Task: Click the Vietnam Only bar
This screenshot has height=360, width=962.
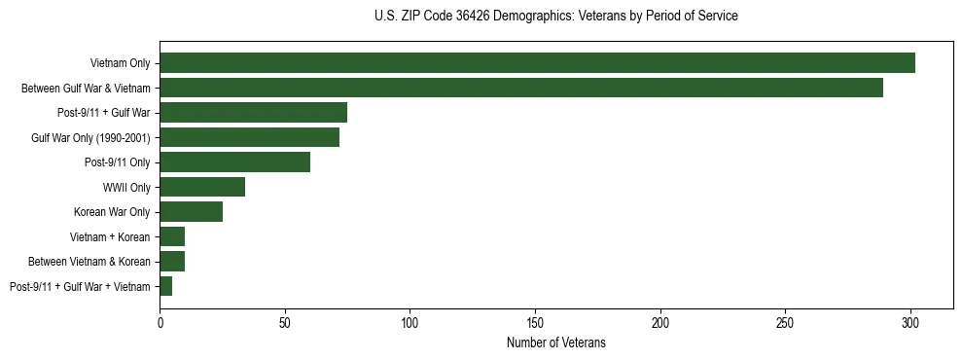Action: pos(537,63)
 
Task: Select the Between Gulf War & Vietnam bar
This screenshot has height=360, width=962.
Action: pos(521,88)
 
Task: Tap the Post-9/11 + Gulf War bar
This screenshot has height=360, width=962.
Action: pos(253,113)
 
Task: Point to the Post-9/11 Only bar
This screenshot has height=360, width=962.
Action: pos(234,162)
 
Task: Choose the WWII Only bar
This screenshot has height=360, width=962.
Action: pos(202,187)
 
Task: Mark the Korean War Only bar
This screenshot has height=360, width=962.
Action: pos(191,212)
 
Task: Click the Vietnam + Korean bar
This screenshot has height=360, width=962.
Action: pos(172,236)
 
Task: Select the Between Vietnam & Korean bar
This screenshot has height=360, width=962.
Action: pos(172,262)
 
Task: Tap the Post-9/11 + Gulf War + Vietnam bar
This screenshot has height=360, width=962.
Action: pos(165,286)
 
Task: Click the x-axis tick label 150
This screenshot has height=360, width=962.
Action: pos(535,320)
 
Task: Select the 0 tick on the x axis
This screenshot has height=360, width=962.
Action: pos(160,320)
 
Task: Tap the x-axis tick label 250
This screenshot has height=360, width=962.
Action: pos(785,320)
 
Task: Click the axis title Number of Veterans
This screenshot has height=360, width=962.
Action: pos(555,342)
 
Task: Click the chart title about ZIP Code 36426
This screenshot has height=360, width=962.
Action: pos(555,17)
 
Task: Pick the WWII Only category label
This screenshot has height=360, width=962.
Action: pos(126,187)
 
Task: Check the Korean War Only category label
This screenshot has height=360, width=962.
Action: pos(112,212)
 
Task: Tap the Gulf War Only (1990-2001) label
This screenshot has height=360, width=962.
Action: pos(90,137)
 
